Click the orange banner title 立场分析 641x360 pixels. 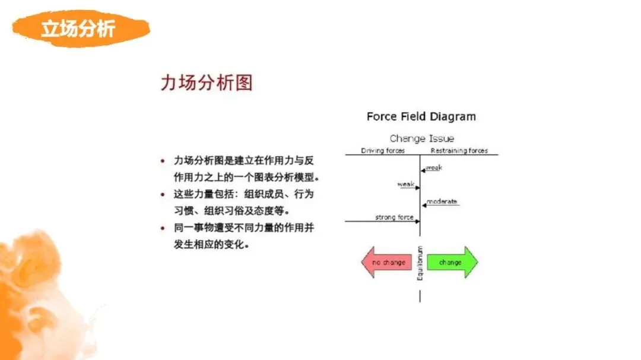(77, 28)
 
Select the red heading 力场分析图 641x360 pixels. (206, 82)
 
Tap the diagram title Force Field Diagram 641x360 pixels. (421, 116)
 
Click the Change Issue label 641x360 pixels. (421, 139)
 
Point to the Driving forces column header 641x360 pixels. (383, 151)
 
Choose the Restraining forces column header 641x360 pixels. (459, 151)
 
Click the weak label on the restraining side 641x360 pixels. (434, 168)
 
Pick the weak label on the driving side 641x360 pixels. (405, 184)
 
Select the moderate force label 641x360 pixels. (442, 202)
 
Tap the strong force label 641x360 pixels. (394, 218)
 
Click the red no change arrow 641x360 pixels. (387, 262)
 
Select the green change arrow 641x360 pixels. (452, 262)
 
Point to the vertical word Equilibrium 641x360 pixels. (420, 263)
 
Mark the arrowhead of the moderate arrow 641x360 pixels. (424, 205)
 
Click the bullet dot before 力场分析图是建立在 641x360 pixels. (163, 161)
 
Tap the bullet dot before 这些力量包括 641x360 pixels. (163, 194)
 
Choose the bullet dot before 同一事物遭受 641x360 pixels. (163, 228)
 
